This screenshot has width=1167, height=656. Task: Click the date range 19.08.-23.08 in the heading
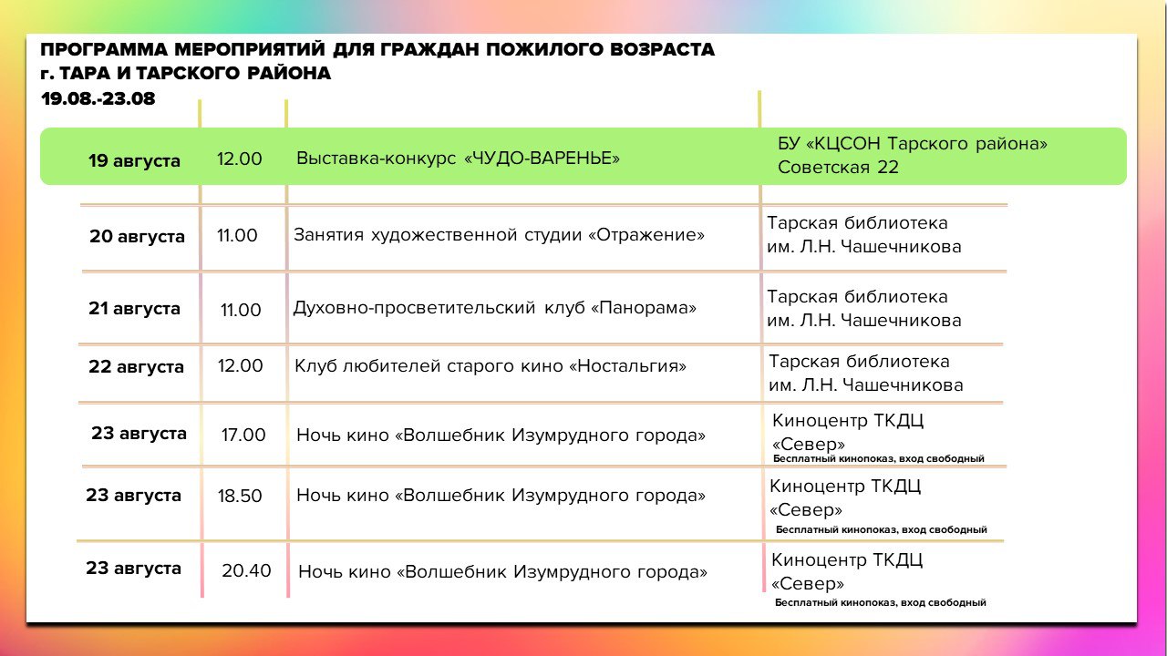tap(98, 99)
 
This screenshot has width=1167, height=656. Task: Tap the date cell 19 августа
tap(134, 161)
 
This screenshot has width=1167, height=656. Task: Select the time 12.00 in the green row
tap(239, 159)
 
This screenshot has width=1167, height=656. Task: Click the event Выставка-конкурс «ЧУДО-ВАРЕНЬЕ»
tap(458, 158)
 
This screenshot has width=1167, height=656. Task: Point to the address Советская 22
tap(838, 167)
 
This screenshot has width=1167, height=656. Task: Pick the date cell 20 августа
tap(137, 236)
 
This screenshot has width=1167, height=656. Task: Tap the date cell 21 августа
tap(134, 308)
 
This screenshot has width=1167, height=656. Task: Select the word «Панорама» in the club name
tap(643, 308)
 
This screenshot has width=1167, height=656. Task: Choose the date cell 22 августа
tap(136, 366)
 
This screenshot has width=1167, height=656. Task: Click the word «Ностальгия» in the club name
tap(627, 366)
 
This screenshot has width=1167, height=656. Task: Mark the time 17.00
tap(243, 435)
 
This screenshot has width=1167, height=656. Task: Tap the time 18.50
tap(240, 496)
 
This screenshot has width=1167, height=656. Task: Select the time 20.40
tap(246, 570)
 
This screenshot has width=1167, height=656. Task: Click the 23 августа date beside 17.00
tap(139, 433)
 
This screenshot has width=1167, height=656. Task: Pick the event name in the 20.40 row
tap(502, 571)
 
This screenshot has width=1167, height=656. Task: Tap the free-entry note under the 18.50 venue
tap(882, 529)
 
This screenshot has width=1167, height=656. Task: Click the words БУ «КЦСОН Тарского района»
tap(913, 143)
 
